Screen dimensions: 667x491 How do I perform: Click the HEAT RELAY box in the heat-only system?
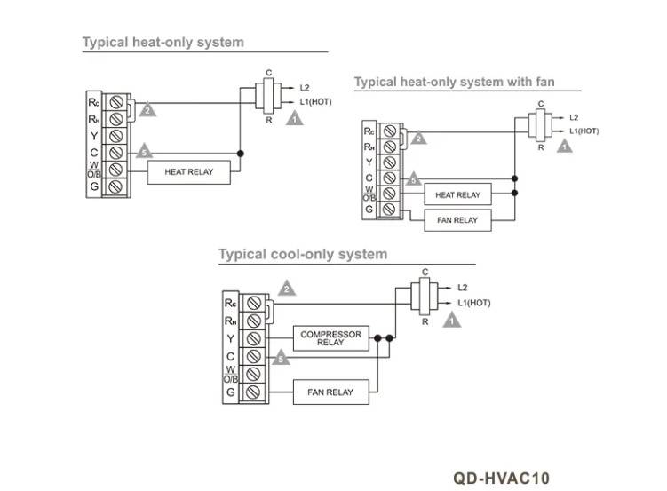(189, 172)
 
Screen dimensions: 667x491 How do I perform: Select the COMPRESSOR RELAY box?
(331, 338)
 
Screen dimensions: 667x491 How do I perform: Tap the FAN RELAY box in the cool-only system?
(331, 392)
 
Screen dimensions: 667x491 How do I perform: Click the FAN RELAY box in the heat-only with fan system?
(457, 220)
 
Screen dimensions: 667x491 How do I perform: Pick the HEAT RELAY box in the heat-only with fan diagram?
(457, 194)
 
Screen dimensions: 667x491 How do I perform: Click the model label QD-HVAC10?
(502, 479)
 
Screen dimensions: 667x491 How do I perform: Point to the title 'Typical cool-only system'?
(303, 254)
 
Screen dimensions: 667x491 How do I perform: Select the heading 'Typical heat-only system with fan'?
(455, 82)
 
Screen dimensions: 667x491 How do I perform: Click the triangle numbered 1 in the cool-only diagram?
(452, 320)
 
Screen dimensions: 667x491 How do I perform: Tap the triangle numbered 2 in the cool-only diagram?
(287, 289)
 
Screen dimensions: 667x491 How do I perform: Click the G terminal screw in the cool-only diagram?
(254, 392)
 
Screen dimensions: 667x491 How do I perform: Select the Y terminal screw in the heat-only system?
(116, 136)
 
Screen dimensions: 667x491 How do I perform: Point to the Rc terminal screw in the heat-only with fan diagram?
(390, 131)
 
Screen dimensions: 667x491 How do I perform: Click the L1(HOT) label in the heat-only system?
(315, 102)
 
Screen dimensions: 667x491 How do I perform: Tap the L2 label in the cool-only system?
(463, 288)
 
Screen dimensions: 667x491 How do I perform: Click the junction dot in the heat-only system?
(241, 154)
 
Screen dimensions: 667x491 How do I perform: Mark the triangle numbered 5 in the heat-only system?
(144, 151)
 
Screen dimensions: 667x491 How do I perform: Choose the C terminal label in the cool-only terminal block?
(230, 356)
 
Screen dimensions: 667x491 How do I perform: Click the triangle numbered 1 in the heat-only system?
(294, 119)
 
